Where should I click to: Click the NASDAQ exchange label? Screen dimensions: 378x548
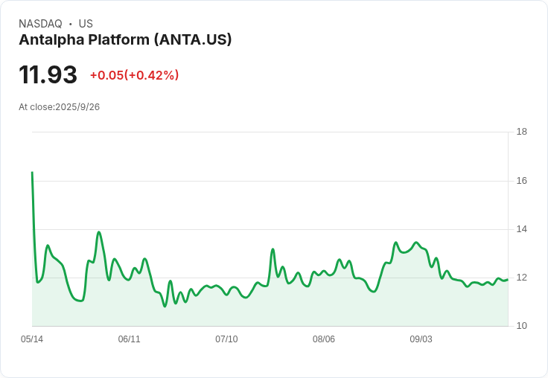pos(40,24)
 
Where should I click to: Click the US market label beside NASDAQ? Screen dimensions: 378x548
pos(86,24)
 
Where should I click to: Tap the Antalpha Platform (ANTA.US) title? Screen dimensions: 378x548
pos(125,39)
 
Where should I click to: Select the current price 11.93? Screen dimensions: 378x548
pos(48,75)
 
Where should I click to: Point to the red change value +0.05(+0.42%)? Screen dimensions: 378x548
pos(134,75)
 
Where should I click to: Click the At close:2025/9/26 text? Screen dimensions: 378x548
pos(59,107)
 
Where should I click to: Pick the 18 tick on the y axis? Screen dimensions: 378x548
pos(522,132)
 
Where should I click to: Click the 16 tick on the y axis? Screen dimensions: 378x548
pos(522,181)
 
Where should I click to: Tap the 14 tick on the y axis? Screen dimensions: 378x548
pos(522,229)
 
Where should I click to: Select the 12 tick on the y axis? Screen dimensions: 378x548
pos(522,278)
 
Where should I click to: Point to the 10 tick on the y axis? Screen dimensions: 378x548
pos(522,326)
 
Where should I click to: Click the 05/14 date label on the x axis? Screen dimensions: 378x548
pos(32,339)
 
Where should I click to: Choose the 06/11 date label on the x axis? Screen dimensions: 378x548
pos(129,339)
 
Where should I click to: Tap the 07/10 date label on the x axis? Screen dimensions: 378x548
pos(226,339)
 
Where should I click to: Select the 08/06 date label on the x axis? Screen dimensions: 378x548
pos(324,339)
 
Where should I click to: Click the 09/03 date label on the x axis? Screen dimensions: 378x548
pos(421,339)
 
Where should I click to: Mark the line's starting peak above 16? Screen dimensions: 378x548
pos(32,173)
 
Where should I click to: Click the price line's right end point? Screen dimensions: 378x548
pos(508,279)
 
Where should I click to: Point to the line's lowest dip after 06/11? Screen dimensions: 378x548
pos(165,306)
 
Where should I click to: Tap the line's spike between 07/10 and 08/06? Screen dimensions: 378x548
pos(273,249)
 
